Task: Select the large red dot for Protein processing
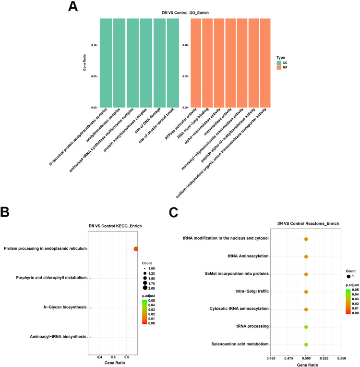pyautogui.click(x=136, y=248)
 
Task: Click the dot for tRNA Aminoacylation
pyautogui.click(x=306, y=257)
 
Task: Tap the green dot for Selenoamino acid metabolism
pyautogui.click(x=306, y=344)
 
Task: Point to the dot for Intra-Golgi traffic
pyautogui.click(x=306, y=292)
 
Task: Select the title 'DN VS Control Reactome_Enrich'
pyautogui.click(x=306, y=223)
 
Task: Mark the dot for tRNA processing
pyautogui.click(x=306, y=327)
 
